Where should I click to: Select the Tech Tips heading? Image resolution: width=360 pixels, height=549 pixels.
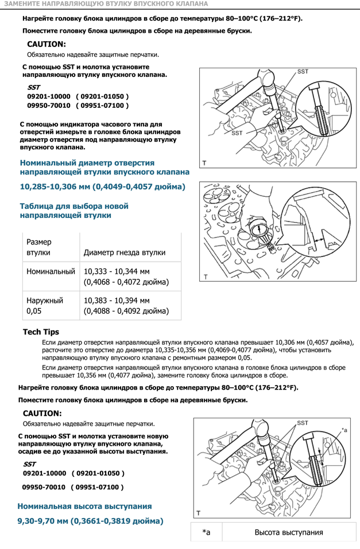(41, 332)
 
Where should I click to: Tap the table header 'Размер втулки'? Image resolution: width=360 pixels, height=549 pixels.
(39, 247)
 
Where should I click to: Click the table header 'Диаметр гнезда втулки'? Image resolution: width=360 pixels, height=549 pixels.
(125, 252)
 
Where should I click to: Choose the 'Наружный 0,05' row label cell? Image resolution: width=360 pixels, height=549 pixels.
(45, 306)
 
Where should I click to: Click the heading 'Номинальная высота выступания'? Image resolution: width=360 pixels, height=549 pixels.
(84, 506)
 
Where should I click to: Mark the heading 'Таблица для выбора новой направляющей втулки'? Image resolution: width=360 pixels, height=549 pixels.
(74, 211)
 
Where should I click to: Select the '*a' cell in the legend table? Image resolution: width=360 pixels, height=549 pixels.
(206, 532)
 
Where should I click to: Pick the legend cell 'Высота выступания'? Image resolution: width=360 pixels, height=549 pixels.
(288, 532)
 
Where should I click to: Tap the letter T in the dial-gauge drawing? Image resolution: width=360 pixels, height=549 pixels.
(204, 277)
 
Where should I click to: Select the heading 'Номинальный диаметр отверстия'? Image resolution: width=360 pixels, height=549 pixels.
(87, 163)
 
